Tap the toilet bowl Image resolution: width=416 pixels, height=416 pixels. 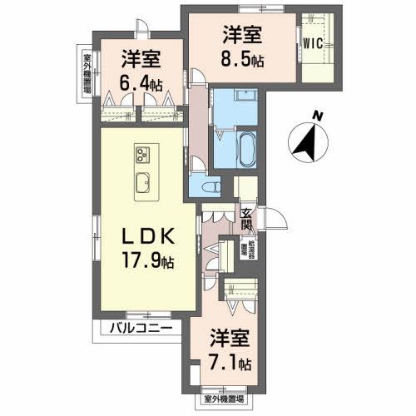click(212, 186)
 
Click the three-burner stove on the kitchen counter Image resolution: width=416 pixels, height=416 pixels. click(142, 154)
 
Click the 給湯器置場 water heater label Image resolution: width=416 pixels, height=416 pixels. click(246, 250)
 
